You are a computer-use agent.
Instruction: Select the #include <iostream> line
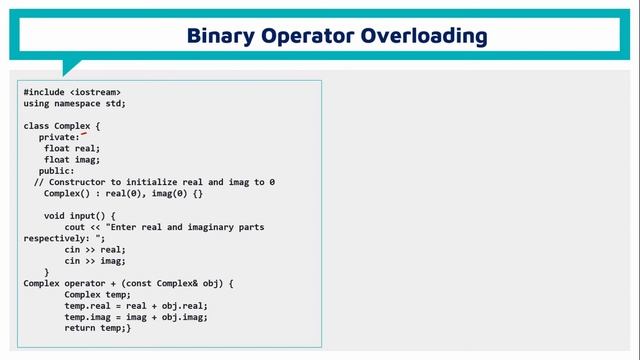[x=73, y=92]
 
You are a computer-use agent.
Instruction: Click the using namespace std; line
[x=75, y=103]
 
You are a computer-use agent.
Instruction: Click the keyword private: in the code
[x=59, y=137]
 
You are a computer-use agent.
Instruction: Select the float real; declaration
[x=72, y=148]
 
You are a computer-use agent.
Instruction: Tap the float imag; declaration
[x=72, y=159]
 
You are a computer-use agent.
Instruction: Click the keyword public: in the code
[x=56, y=171]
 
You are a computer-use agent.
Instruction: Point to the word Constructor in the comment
[x=76, y=182]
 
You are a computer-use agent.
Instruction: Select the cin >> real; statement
[x=95, y=250]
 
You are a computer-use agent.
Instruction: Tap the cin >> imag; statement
[x=95, y=261]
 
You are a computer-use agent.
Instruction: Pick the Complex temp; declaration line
[x=97, y=295]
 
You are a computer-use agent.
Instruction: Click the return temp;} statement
[x=97, y=328]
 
